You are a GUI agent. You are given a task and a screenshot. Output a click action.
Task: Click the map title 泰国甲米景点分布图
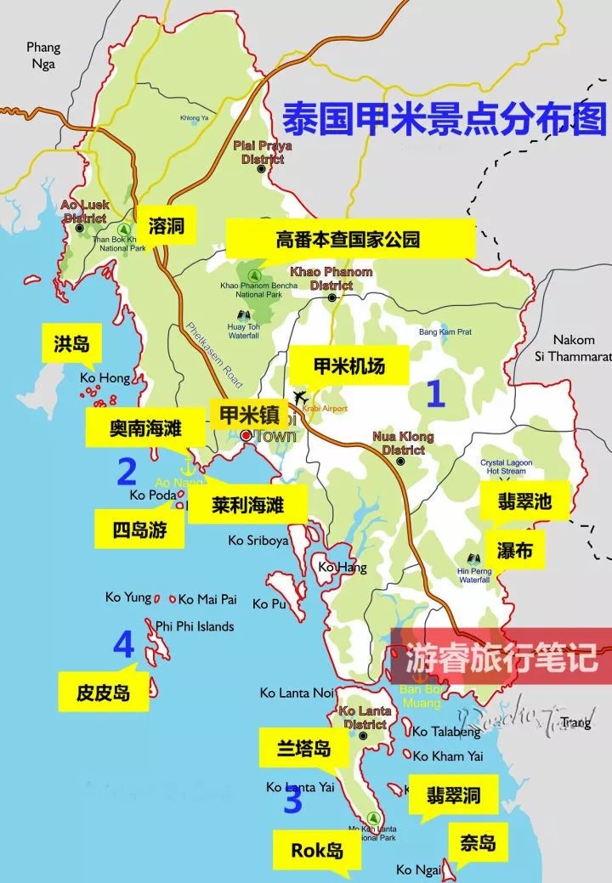coord(445,119)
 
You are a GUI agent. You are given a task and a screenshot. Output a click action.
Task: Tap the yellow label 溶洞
coord(167,226)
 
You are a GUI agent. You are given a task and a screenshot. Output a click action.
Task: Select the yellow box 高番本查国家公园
coord(348,239)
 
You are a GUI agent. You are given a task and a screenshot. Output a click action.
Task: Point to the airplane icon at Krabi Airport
coord(300,397)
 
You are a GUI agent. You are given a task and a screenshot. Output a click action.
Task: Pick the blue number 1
coord(435,394)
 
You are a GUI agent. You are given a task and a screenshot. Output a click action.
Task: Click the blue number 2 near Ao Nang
coord(127,470)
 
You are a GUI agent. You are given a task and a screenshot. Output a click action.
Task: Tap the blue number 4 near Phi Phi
coord(124,645)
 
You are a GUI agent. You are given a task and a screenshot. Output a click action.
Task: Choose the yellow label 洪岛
coord(71,343)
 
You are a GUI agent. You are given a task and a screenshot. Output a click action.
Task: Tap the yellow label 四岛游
coord(138,530)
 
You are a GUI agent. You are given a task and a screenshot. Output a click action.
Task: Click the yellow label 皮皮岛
coord(103,693)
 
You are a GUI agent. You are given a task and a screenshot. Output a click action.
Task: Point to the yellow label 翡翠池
coord(524,501)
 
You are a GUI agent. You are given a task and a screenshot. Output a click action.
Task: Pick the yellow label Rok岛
coord(317,849)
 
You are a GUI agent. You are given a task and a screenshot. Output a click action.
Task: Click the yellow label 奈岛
coord(478,843)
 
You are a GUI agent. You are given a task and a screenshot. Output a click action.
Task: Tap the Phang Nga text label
coord(43,54)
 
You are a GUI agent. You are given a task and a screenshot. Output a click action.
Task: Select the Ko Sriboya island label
coord(258,541)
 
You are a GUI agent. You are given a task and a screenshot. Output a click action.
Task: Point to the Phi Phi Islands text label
coord(195,626)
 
